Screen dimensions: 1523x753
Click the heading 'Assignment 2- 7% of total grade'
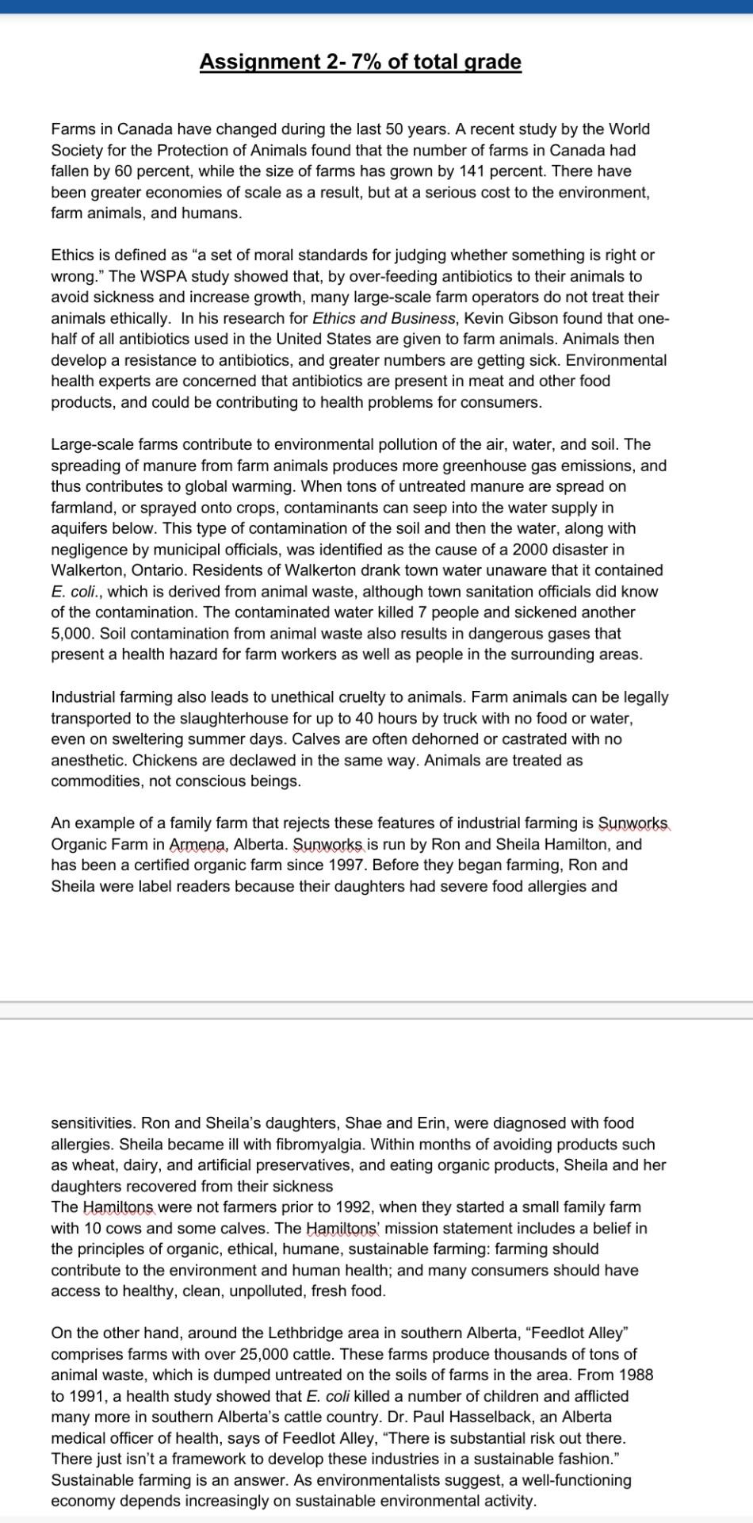360,62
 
